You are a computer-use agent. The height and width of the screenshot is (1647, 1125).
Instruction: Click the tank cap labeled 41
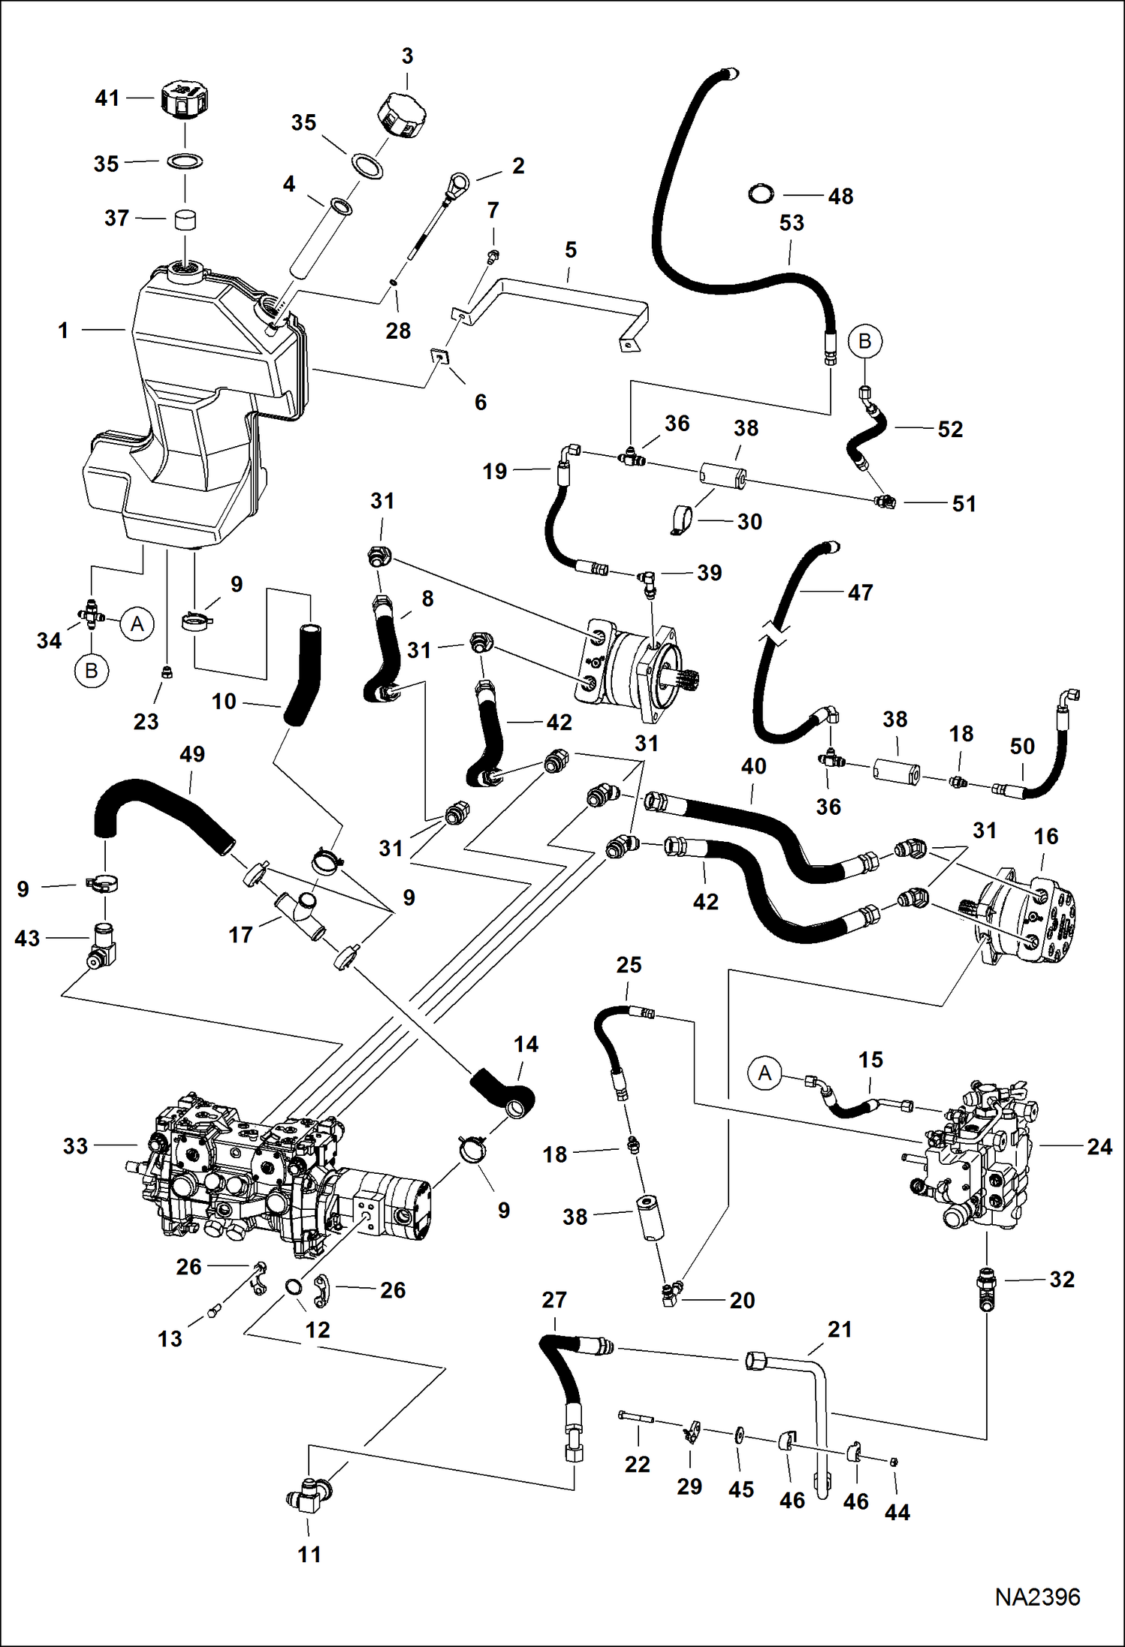coord(184,100)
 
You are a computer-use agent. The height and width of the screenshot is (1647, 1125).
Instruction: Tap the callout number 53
coord(792,223)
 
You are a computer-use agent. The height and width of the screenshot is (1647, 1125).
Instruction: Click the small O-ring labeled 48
coord(762,194)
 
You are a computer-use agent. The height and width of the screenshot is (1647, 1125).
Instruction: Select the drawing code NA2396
coord(1037,1597)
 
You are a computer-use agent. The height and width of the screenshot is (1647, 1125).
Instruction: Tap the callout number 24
coord(1099,1147)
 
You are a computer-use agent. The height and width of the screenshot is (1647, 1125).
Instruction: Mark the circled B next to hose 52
coord(864,341)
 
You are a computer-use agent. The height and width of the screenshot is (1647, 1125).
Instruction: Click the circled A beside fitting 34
coord(137,624)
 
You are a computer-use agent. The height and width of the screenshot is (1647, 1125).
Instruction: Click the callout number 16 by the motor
coord(1046,836)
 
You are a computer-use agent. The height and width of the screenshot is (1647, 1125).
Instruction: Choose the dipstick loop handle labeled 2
coord(457,184)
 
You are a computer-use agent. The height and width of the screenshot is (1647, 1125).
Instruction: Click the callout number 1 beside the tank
coord(64,330)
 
